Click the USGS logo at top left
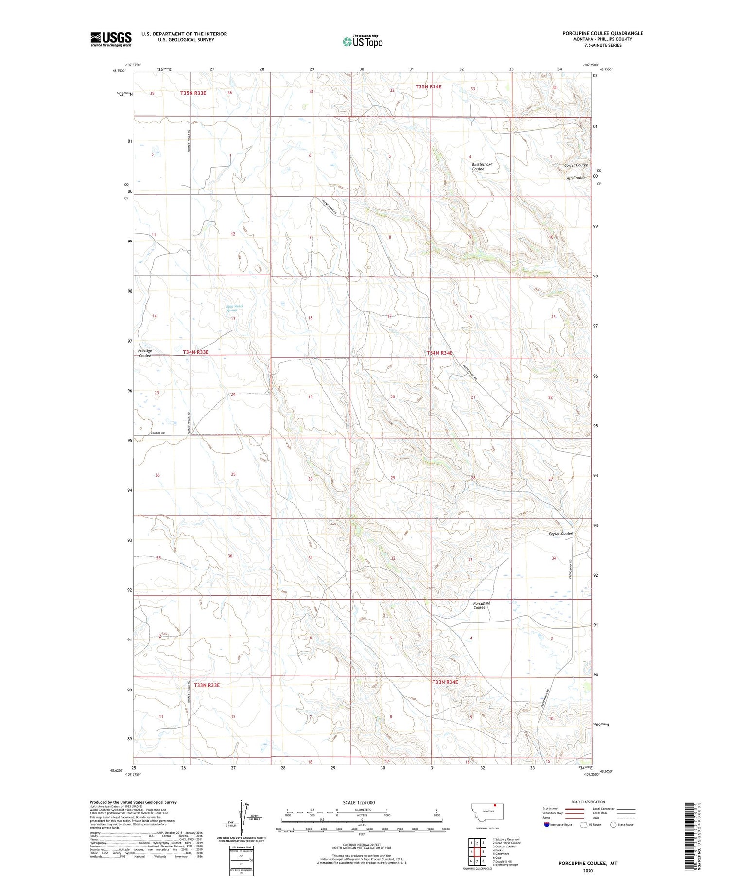[111, 39]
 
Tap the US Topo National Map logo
[363, 41]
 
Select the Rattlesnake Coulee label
[482, 166]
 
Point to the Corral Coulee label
[576, 165]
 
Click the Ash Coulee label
[575, 178]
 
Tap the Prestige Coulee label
[145, 353]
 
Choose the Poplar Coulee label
[560, 533]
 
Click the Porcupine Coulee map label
[482, 605]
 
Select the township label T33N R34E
[445, 682]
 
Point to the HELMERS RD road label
[156, 433]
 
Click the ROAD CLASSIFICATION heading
[588, 802]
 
